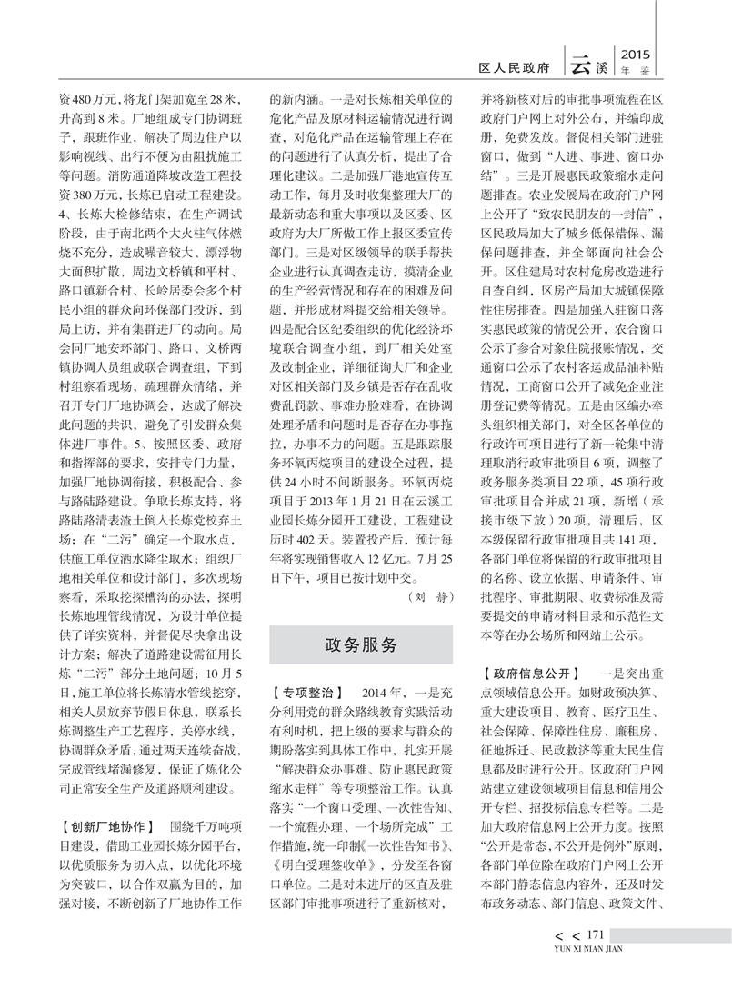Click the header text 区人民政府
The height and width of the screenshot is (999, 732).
point(515,67)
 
